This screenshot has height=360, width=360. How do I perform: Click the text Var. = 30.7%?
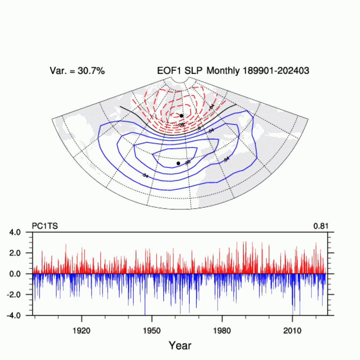(x=77, y=71)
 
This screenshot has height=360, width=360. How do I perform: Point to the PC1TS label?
(x=44, y=225)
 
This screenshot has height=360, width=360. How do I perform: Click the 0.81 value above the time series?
(x=322, y=225)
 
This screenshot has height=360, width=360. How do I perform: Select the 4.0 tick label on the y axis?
(x=21, y=232)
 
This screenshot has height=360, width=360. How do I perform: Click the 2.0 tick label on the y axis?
(x=21, y=253)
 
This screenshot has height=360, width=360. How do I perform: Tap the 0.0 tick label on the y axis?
(x=21, y=274)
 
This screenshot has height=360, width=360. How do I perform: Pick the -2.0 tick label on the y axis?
(x=19, y=295)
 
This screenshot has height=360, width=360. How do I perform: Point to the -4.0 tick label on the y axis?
(x=19, y=315)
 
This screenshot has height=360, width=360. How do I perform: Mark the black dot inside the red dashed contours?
(x=182, y=116)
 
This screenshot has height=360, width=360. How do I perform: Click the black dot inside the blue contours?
(x=178, y=163)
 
